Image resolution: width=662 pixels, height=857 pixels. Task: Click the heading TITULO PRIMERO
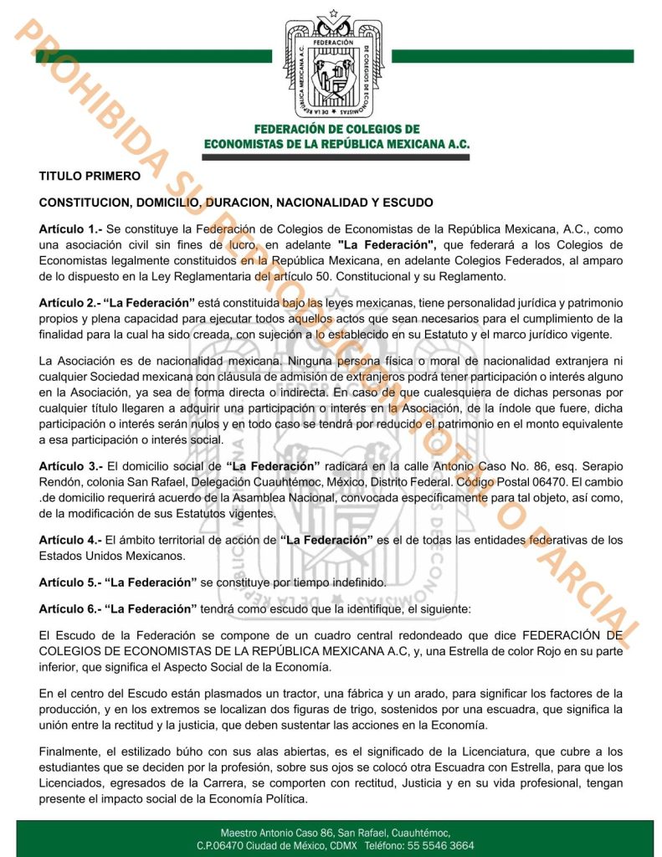click(x=90, y=176)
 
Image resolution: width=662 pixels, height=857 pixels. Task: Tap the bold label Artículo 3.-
click(x=70, y=465)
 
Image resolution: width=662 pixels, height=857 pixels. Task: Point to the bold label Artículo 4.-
click(x=70, y=541)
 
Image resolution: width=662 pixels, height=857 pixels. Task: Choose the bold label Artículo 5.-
click(x=70, y=582)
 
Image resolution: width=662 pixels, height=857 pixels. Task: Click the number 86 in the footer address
click(x=322, y=834)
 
